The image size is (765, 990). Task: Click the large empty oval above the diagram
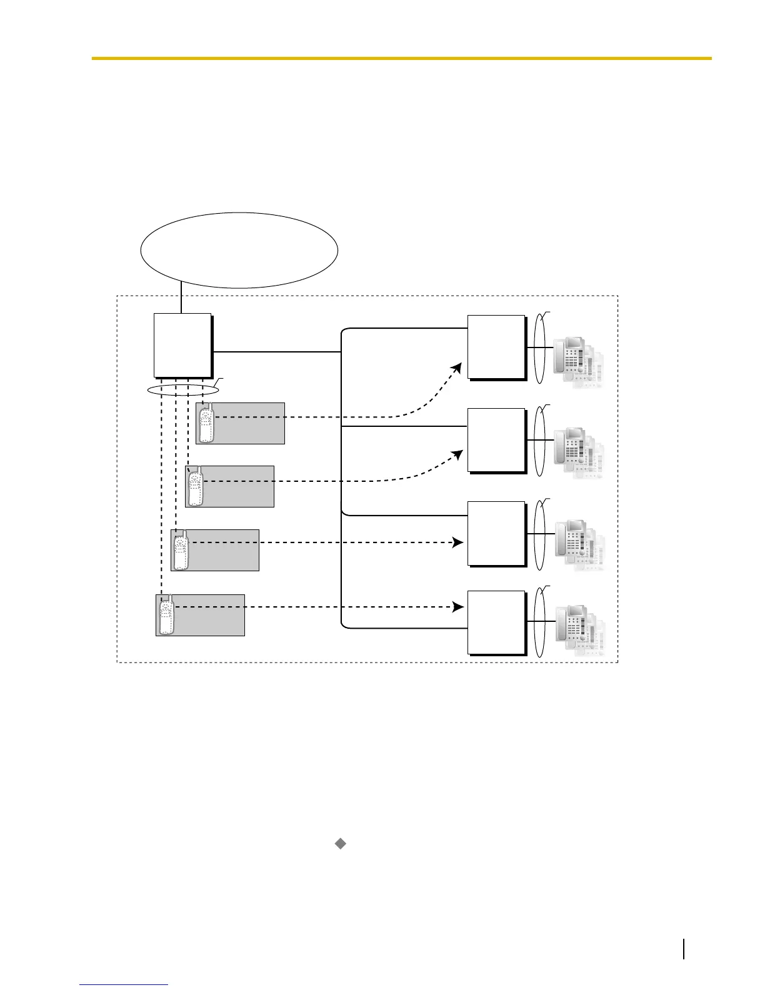[239, 250]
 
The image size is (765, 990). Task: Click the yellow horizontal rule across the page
[401, 58]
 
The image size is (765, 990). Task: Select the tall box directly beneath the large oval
[182, 346]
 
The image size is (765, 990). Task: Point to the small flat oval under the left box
[183, 390]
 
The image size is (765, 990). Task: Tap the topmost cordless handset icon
[206, 423]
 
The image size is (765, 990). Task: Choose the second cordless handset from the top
[196, 486]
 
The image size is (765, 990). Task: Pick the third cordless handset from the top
[181, 549]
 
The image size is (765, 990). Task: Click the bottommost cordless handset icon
[166, 615]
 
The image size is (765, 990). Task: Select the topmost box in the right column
[496, 346]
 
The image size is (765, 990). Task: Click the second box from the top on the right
[496, 439]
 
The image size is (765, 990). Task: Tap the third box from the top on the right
[496, 533]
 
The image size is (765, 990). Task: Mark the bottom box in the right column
[496, 622]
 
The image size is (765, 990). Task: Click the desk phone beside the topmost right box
[578, 363]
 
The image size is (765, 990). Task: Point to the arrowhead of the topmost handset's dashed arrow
[458, 367]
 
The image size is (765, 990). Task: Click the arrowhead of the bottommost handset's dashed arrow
[458, 607]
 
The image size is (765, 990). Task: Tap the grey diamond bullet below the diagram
[341, 844]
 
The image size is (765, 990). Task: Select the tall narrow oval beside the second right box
[539, 441]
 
